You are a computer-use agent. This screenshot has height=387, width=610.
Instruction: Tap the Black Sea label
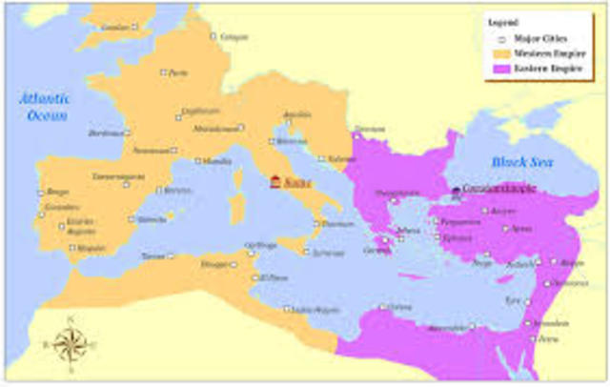[x=516, y=164]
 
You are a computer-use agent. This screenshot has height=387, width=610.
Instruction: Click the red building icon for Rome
[x=275, y=181]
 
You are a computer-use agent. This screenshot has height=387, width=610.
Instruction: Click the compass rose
[x=70, y=343]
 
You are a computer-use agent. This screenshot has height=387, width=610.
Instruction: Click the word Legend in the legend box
[x=503, y=22]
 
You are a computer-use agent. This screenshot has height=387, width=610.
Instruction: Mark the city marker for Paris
[x=164, y=72]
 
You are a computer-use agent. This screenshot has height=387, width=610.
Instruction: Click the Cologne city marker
[x=214, y=36]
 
